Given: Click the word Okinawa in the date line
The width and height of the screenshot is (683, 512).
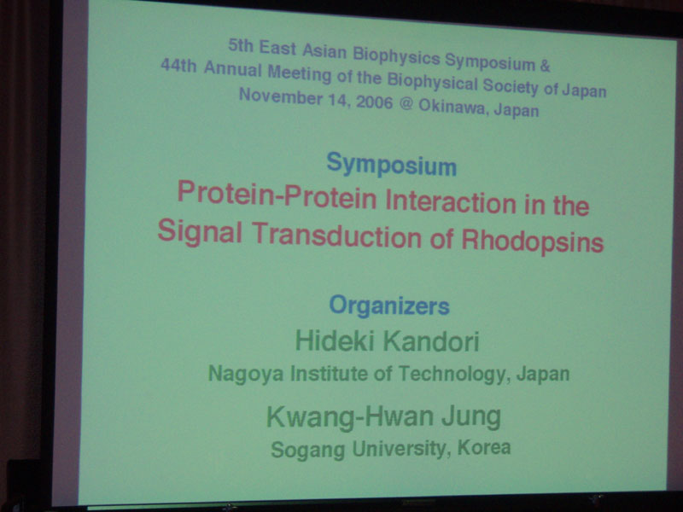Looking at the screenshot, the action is point(452,107).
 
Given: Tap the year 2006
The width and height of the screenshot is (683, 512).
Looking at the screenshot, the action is point(375,102).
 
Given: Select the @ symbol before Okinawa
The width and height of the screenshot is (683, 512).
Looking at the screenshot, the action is point(406,104).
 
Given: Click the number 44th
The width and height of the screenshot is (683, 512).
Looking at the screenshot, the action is point(178,67).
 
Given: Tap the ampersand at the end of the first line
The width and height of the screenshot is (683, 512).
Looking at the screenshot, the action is point(545,66).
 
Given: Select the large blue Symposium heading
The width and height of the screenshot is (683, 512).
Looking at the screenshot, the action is point(392,165).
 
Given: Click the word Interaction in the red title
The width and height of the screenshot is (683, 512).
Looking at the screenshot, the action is point(451,201).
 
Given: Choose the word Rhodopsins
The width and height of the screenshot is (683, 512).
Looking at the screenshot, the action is point(532,241).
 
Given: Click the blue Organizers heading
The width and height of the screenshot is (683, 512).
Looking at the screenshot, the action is point(389,305).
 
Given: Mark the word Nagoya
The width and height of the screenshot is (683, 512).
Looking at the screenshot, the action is point(246,374).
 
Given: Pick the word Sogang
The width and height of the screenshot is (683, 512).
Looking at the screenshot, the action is point(307,450).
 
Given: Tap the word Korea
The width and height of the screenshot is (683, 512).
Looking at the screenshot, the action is point(484,447).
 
